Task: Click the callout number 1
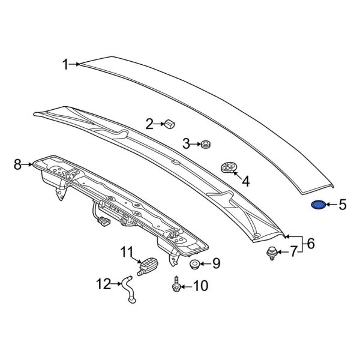65,64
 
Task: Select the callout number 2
149,124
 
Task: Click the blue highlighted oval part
319,205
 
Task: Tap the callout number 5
343,205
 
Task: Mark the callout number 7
293,252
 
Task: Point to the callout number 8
17,164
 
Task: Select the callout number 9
217,263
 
